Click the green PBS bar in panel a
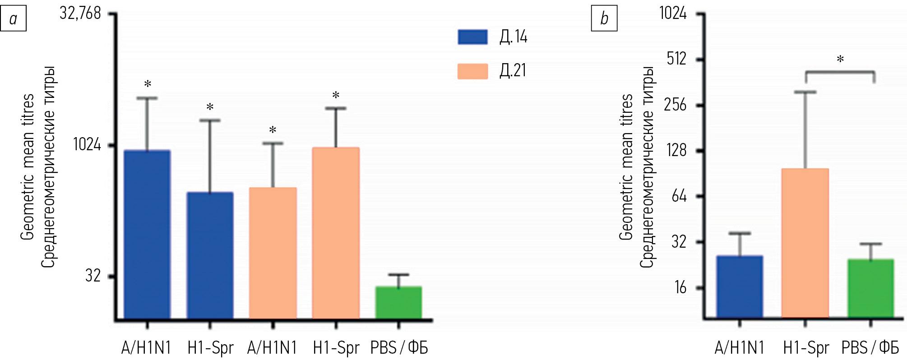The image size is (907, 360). (398, 302)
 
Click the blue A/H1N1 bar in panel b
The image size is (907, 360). (740, 286)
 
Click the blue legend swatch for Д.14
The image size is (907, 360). (472, 37)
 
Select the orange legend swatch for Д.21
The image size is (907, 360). (472, 71)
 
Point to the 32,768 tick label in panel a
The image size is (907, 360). (80, 14)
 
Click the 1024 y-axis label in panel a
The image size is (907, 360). (87, 144)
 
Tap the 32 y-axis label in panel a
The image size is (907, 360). (93, 275)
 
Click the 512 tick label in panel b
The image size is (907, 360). (676, 59)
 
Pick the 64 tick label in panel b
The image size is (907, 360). (679, 196)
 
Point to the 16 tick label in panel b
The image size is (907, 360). (680, 287)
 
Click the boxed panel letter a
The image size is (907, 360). (13, 18)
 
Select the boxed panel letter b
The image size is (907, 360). (604, 18)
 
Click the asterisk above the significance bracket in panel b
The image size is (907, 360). (840, 59)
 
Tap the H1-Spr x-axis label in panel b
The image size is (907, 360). (806, 348)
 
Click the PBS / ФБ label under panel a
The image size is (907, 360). (399, 348)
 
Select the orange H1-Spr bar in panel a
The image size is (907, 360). (336, 232)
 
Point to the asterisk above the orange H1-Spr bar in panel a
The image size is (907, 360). (336, 95)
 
